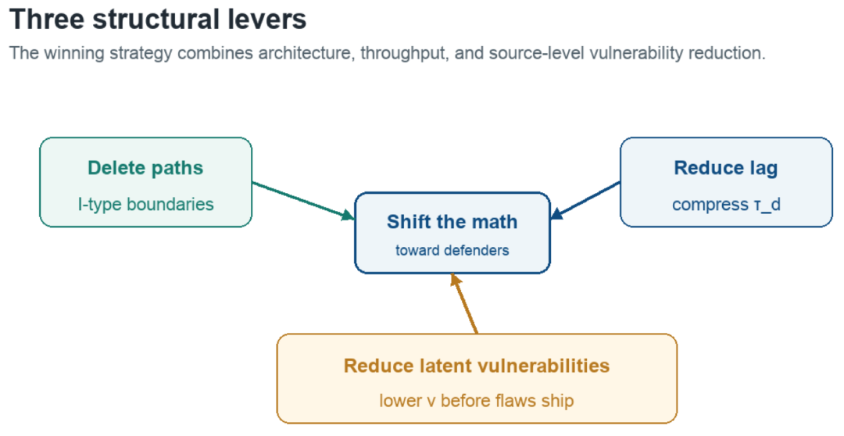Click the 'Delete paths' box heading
pos(145,168)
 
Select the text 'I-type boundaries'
pos(146,205)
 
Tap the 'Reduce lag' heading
pos(725,168)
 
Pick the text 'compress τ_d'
pos(726,205)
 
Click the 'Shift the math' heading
pos(452,222)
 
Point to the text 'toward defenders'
pos(452,250)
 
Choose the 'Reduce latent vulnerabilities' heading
pos(477,366)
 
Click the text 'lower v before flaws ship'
pos(477,401)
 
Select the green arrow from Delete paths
pos(303,201)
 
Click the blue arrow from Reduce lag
pos(585,201)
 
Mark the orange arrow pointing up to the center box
pos(464,304)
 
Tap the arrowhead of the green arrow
pos(348,216)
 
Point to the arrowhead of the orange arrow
pos(456,280)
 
